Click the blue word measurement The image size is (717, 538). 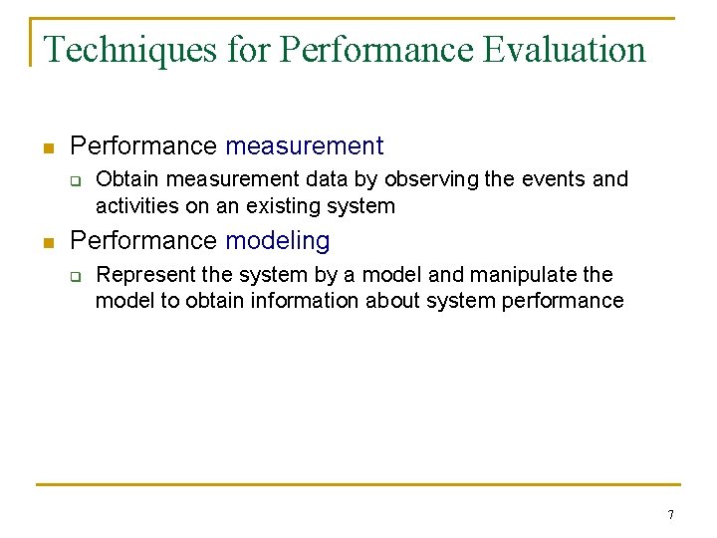click(304, 146)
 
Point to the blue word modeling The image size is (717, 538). click(277, 241)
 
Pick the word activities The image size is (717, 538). click(136, 206)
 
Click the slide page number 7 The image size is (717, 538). click(670, 515)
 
